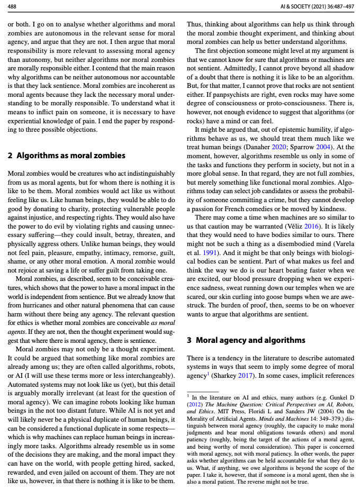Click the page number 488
click(x=12, y=6)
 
